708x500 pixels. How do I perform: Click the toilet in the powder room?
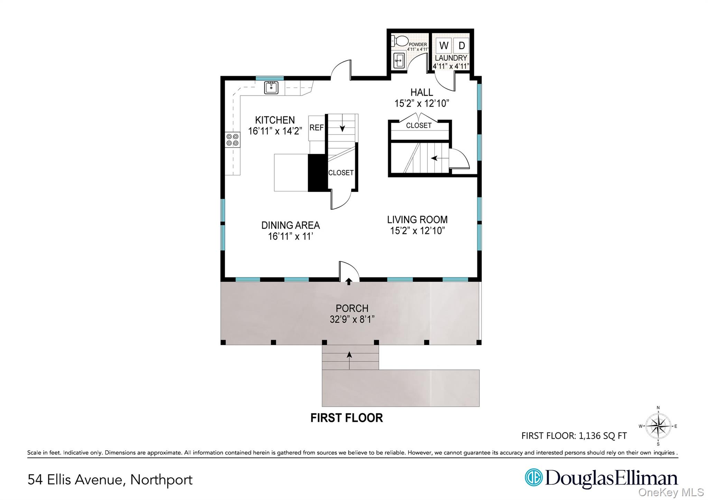[400, 41]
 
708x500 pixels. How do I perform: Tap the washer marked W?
[444, 45]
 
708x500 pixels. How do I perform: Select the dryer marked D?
[461, 45]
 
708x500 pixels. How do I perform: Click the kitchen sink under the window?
[271, 87]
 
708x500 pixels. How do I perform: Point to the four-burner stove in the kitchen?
[233, 140]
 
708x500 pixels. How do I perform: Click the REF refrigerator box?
[316, 128]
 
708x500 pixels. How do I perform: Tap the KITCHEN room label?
[275, 120]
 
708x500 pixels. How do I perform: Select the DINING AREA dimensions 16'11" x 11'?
[290, 236]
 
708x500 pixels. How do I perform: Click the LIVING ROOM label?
[417, 219]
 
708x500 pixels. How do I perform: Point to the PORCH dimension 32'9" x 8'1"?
[352, 319]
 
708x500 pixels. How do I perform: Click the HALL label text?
[421, 92]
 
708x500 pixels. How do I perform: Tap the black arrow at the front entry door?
[349, 281]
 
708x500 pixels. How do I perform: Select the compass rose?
[658, 426]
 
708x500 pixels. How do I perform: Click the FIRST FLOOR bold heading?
[346, 418]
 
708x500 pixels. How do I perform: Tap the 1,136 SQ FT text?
[603, 436]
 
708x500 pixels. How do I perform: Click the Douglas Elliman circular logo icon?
[533, 477]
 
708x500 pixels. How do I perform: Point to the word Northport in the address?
[161, 480]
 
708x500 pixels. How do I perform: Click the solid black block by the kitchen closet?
[317, 172]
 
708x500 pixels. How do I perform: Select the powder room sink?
[399, 61]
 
